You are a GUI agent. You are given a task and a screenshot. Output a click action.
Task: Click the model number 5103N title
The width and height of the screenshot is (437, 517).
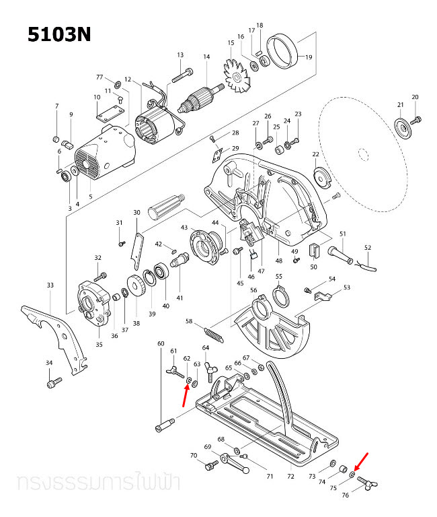pyautogui.click(x=59, y=34)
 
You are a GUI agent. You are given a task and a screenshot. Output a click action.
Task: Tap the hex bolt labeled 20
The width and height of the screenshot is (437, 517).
pyautogui.click(x=416, y=120)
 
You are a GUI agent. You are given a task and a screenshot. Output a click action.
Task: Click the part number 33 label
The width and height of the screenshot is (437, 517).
pyautogui.click(x=50, y=285)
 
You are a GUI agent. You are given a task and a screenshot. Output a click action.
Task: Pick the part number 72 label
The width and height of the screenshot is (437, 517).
pyautogui.click(x=290, y=477)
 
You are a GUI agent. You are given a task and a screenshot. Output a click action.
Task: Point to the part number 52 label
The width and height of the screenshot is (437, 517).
pyautogui.click(x=367, y=248)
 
